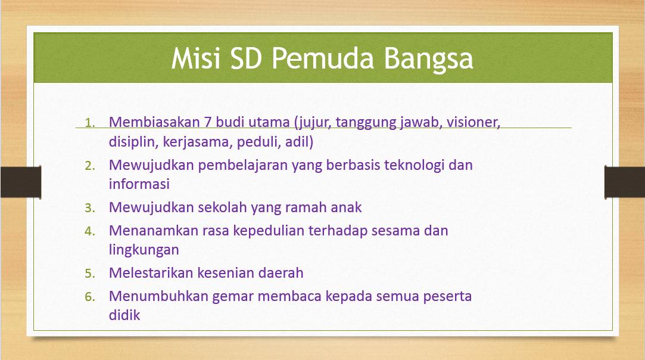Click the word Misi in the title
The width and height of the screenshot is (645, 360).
(195, 58)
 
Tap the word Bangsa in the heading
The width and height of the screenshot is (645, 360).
(428, 60)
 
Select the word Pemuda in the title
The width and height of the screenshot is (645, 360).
(323, 58)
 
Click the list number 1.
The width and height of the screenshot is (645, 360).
(90, 123)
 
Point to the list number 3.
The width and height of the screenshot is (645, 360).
(90, 208)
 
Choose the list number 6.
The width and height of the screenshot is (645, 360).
(90, 297)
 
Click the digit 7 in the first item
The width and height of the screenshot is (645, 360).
(208, 122)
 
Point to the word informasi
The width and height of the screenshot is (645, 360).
(139, 184)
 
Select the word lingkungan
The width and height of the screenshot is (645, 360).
(144, 250)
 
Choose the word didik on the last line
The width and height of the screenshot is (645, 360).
(124, 315)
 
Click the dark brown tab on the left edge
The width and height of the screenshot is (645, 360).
(21, 182)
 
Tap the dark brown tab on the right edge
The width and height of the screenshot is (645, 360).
(624, 182)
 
